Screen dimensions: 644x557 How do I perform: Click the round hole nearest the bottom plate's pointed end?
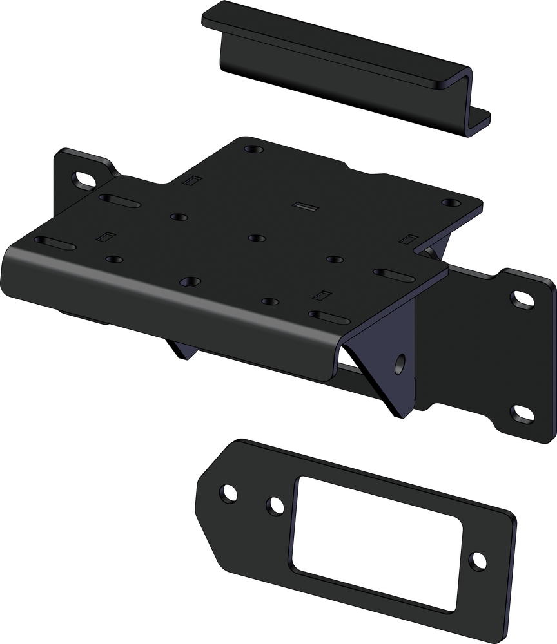point(228,493)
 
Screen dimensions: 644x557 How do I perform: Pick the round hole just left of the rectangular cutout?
point(275,506)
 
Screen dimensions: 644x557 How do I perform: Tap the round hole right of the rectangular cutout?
point(478,560)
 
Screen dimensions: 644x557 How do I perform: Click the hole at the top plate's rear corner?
point(254,149)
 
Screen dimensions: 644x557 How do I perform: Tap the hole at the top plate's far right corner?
point(451,203)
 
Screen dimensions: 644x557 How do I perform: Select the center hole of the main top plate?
point(257,238)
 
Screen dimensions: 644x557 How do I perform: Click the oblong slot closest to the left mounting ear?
point(120,202)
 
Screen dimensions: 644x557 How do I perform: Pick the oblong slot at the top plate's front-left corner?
point(55,243)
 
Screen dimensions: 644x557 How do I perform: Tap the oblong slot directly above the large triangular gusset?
point(329,316)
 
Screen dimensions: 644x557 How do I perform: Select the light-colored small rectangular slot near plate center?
point(302,206)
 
